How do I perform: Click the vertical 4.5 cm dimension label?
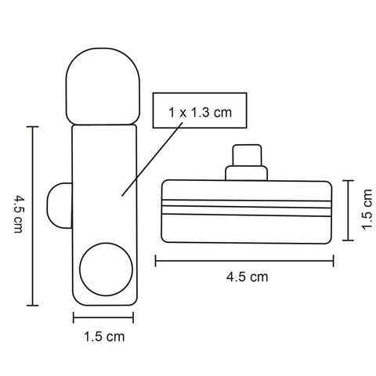tap(18, 214)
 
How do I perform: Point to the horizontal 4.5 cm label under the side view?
tap(247, 277)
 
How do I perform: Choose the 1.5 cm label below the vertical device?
tap(104, 337)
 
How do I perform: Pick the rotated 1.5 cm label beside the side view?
tap(367, 209)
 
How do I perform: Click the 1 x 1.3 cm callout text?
tap(200, 113)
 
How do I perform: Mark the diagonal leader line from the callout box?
tap(152, 159)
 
